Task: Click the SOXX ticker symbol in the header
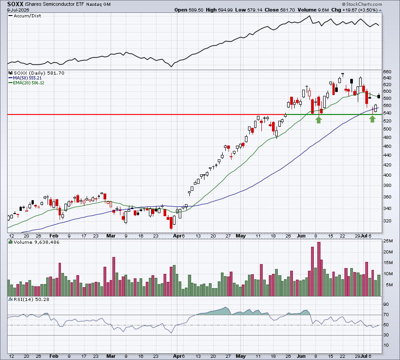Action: click(15, 4)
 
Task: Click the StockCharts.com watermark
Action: click(362, 4)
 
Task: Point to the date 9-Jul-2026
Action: click(18, 10)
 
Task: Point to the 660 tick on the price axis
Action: click(387, 72)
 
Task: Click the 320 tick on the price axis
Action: click(387, 221)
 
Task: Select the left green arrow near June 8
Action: click(319, 120)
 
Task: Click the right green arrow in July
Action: click(372, 119)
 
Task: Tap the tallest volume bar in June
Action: click(319, 269)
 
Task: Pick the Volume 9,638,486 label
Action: click(36, 242)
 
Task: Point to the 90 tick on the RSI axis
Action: click(386, 305)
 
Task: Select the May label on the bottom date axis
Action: click(240, 356)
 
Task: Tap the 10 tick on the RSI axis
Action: click(386, 345)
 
